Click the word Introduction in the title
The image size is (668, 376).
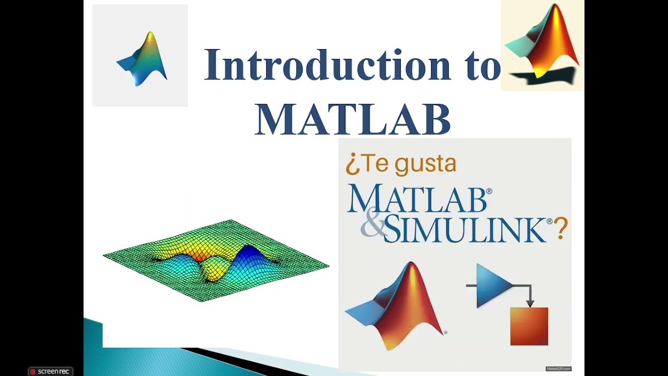click(327, 65)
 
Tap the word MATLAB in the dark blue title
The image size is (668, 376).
click(353, 120)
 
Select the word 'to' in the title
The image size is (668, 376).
click(483, 66)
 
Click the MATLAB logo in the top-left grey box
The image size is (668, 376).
click(143, 59)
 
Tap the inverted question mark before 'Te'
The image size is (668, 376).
click(352, 165)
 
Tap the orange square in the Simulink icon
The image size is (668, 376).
click(529, 326)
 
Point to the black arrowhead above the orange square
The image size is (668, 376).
click(530, 302)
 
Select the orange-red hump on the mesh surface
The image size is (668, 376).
click(199, 253)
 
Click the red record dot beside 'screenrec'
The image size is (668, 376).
click(33, 371)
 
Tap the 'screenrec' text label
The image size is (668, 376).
click(53, 371)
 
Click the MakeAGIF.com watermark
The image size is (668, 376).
click(558, 369)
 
